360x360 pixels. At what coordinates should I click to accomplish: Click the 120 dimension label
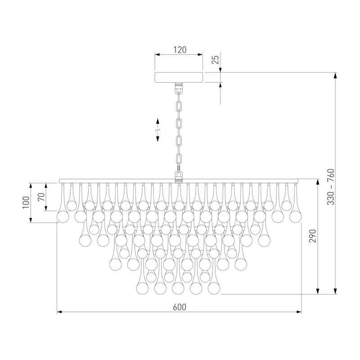click(180, 50)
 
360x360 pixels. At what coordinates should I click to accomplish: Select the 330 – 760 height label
click(331, 187)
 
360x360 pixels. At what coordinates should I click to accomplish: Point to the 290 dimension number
click(312, 236)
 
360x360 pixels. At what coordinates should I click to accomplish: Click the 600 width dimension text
click(180, 307)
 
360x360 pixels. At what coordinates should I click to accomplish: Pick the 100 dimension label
click(26, 202)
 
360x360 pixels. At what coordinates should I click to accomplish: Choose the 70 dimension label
click(41, 197)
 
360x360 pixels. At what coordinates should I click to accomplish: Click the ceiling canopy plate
click(179, 77)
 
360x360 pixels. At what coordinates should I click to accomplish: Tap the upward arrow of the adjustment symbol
click(158, 122)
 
